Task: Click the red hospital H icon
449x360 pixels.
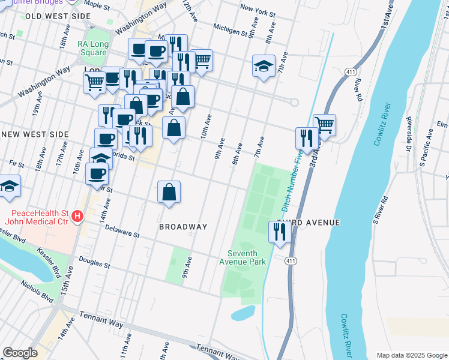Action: coord(76,217)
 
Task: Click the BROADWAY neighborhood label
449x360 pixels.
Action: coord(183,227)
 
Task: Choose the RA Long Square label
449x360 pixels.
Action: coord(92,48)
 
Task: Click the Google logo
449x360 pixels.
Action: coord(20,352)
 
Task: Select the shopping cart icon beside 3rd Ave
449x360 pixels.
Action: coord(324,124)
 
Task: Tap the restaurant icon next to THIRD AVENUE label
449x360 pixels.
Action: coord(280,232)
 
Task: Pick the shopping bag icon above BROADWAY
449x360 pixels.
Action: coord(169,193)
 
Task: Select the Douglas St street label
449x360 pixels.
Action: coord(94,263)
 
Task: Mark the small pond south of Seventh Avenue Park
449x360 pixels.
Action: coord(243,313)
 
